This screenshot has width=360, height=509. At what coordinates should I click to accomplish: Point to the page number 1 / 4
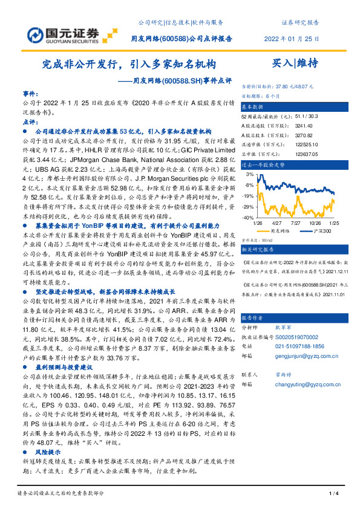[x=332, y=494]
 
